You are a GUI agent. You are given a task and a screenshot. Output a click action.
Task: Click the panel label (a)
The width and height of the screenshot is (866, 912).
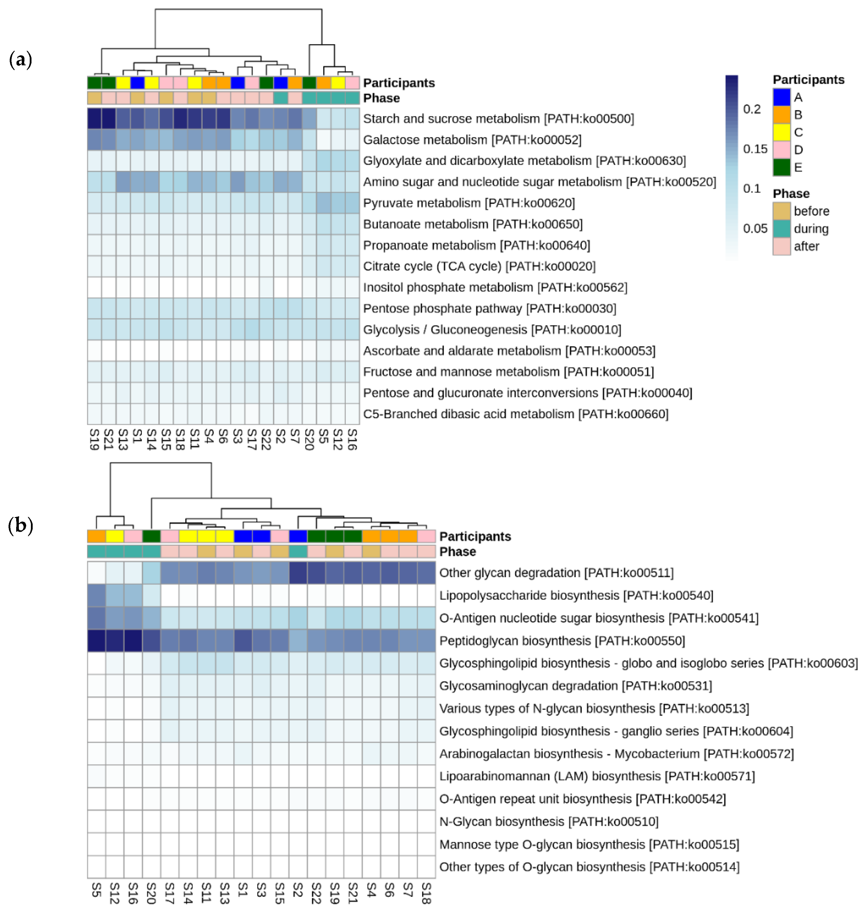point(20,59)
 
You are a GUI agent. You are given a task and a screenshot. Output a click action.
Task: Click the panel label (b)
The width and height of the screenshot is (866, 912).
point(20,525)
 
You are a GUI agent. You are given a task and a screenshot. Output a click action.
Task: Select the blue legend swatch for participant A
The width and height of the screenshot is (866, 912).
point(782,97)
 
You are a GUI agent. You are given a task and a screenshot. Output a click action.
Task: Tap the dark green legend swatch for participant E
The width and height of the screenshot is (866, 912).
point(782,167)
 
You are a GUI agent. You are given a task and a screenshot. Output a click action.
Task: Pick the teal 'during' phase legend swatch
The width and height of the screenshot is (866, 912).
point(782,228)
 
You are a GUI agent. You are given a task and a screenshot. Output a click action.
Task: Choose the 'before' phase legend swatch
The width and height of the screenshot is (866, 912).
point(782,211)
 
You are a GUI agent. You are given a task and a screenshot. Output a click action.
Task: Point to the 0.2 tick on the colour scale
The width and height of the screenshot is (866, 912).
point(751,109)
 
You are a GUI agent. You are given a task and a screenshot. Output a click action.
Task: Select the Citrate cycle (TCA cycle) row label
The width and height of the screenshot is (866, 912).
point(479,266)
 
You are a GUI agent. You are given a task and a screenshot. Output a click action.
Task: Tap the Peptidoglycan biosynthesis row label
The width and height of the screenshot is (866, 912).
point(562,641)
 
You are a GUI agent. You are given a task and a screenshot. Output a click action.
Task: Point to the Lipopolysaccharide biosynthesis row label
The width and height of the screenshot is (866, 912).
point(576,595)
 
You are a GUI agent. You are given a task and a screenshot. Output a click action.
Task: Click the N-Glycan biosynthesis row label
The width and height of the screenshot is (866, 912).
point(548,822)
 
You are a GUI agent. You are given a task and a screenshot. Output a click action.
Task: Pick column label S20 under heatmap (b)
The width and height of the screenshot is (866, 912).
point(151,893)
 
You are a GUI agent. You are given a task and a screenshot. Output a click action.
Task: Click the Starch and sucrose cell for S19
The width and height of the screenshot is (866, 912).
point(94,119)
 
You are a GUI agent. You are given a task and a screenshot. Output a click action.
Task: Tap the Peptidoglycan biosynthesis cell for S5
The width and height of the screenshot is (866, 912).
point(97,641)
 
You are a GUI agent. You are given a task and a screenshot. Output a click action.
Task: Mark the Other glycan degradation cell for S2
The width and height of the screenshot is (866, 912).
point(298,573)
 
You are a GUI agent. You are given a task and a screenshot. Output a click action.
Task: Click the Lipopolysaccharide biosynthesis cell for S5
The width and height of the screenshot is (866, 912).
point(97,595)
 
